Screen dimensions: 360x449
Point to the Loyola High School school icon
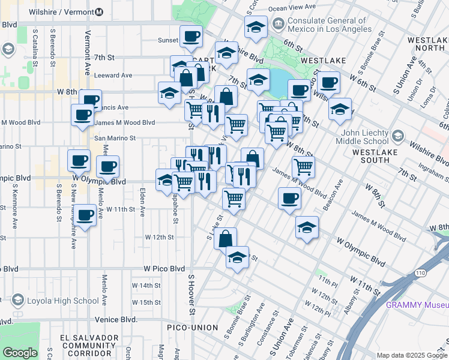17,301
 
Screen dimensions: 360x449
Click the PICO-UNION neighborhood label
190,326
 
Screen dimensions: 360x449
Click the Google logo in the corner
20,353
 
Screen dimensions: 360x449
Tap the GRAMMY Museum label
417,304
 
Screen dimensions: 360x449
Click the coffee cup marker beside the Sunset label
191,37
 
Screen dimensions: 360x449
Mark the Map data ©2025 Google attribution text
411,355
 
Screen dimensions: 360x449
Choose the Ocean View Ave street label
292,7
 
